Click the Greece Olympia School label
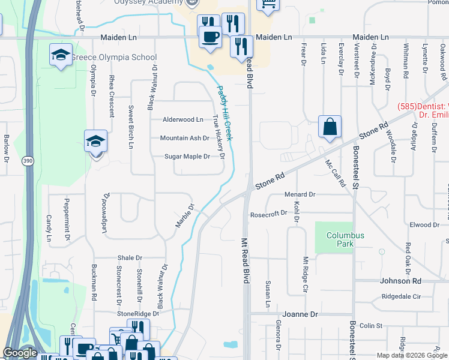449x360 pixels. pyautogui.click(x=114, y=58)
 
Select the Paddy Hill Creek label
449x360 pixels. pyautogui.click(x=224, y=113)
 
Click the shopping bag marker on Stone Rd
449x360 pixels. pyautogui.click(x=330, y=127)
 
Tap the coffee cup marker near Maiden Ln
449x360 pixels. pyautogui.click(x=210, y=36)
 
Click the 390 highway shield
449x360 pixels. pyautogui.click(x=28, y=161)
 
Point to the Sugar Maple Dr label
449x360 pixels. pyautogui.click(x=187, y=157)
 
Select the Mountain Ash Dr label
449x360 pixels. pyautogui.click(x=184, y=138)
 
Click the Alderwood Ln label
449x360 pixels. pyautogui.click(x=182, y=119)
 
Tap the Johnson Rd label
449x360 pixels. pyautogui.click(x=400, y=281)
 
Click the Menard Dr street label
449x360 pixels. pyautogui.click(x=300, y=194)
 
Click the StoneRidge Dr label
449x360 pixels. pyautogui.click(x=137, y=313)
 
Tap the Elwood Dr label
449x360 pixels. pyautogui.click(x=424, y=225)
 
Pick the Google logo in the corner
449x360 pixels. pyautogui.click(x=20, y=353)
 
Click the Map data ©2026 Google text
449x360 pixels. pyautogui.click(x=411, y=355)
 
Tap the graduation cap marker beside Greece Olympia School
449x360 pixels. pyautogui.click(x=61, y=55)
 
